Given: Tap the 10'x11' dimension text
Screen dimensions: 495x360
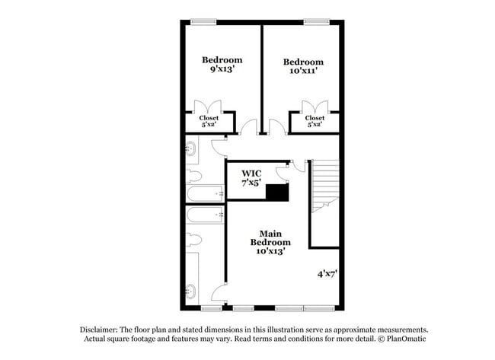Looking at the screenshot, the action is click(x=303, y=70).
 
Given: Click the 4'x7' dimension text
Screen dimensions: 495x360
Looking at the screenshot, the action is click(x=327, y=273).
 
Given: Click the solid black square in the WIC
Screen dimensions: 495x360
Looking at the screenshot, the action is click(x=277, y=192).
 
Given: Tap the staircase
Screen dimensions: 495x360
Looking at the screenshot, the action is click(x=325, y=186).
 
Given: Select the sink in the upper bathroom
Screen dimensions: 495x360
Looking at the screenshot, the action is click(x=190, y=148).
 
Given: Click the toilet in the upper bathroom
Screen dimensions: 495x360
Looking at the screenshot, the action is click(x=193, y=177).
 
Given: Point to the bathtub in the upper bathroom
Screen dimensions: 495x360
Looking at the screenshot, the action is click(x=205, y=193).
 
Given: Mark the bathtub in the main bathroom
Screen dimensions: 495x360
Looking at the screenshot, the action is click(x=205, y=215).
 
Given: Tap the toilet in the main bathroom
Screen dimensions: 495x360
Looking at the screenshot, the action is click(x=193, y=241).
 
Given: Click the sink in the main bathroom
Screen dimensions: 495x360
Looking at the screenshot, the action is click(x=190, y=292).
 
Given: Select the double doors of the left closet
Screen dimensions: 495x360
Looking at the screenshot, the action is click(x=208, y=107).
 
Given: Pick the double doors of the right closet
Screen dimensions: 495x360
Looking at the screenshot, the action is click(x=315, y=107).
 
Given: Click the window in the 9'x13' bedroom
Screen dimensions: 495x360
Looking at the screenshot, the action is click(x=203, y=22).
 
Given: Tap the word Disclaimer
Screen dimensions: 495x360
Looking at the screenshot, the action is click(x=99, y=330).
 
